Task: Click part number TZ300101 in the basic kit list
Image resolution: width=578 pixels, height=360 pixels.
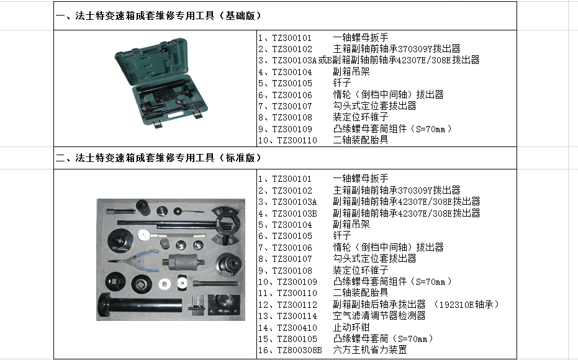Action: (x=292, y=38)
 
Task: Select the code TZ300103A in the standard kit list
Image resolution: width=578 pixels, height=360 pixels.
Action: (x=294, y=202)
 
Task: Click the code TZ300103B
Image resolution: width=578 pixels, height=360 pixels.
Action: (x=294, y=213)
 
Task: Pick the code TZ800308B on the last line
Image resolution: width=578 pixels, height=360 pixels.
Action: (x=299, y=351)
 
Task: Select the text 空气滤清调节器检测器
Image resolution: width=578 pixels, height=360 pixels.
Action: (x=379, y=316)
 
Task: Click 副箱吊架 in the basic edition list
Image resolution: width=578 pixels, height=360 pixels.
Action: (x=351, y=72)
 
